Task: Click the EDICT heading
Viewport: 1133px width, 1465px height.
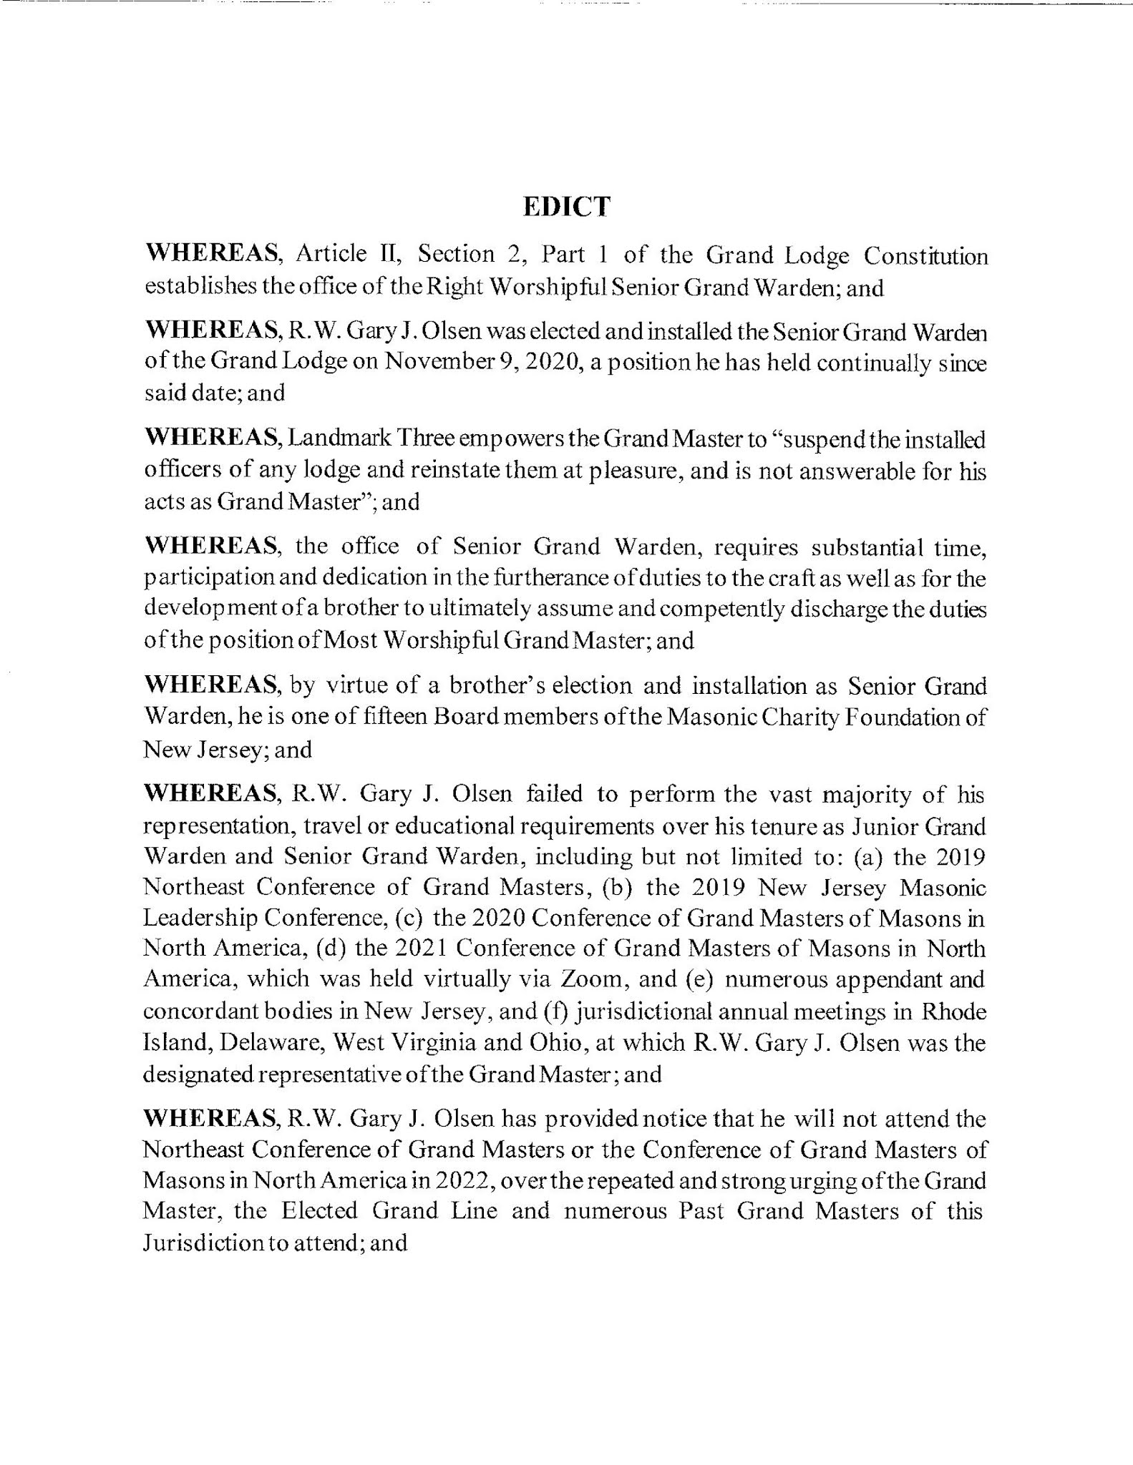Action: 566,206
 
